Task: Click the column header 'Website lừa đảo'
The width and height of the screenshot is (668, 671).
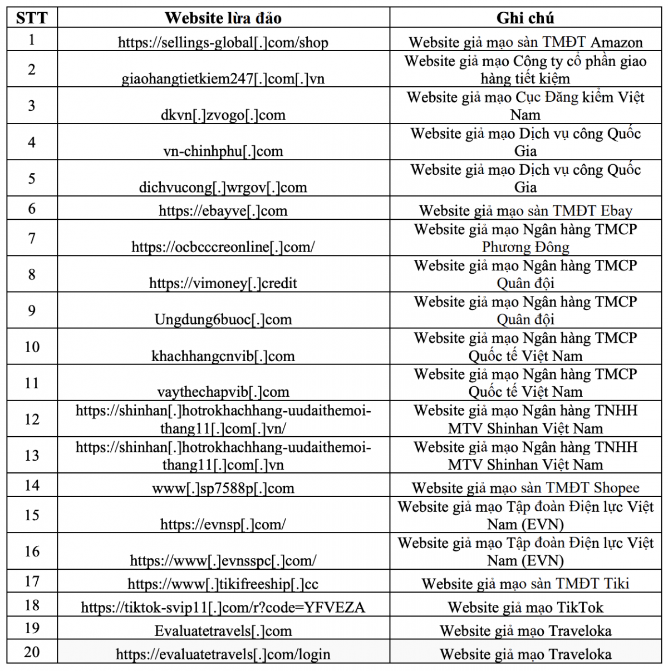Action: click(223, 18)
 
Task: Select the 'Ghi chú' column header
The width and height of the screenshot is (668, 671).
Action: click(525, 18)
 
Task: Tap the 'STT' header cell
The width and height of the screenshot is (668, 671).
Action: click(32, 18)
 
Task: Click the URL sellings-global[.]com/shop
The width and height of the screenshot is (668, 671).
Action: click(223, 43)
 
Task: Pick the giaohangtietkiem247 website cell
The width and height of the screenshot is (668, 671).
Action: click(223, 79)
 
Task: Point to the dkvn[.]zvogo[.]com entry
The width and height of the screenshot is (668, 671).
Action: click(223, 115)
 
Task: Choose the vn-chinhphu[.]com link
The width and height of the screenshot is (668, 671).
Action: click(223, 151)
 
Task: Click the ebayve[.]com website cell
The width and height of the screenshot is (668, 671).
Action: click(223, 211)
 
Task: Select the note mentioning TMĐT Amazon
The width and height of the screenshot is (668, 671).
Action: click(525, 43)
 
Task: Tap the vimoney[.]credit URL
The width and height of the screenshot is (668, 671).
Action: click(223, 283)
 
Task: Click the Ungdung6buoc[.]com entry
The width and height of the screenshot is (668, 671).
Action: click(223, 320)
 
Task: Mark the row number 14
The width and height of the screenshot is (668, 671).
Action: click(32, 485)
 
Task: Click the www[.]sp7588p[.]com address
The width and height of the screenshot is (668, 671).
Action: click(223, 489)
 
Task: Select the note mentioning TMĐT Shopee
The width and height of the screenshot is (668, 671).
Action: click(525, 489)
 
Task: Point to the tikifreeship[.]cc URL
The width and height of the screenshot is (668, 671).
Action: click(223, 584)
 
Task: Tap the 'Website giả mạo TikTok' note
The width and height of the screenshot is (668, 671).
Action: click(525, 608)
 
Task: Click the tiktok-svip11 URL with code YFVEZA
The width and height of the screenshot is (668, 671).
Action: click(223, 608)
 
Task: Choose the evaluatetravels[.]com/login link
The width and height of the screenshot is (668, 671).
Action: click(223, 655)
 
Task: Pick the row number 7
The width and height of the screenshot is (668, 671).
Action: click(32, 238)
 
